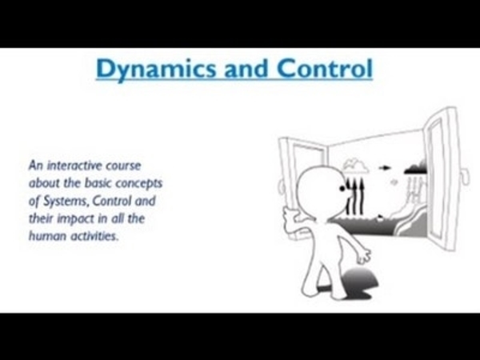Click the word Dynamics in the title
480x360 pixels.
coord(156,70)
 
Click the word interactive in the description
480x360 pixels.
coord(74,166)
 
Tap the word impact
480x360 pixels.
coord(76,219)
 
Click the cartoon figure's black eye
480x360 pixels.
coord(342,189)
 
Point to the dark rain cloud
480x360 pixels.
coord(416,167)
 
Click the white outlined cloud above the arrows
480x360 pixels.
coord(355,166)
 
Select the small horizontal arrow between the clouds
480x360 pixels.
coord(385,168)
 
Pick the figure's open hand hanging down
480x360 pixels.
coord(363,255)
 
